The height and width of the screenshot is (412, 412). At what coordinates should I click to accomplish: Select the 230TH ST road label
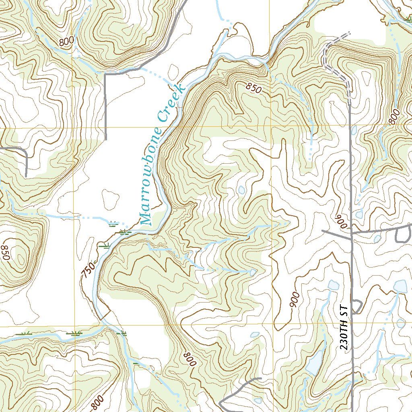click(x=343, y=329)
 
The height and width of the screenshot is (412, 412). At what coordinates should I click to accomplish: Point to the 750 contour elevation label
click(x=89, y=272)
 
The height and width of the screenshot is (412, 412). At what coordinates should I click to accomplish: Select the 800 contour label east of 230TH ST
click(x=395, y=117)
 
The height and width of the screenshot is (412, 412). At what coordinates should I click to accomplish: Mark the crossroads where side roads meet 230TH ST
click(x=351, y=233)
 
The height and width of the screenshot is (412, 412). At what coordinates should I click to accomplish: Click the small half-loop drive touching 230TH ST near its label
click(x=356, y=306)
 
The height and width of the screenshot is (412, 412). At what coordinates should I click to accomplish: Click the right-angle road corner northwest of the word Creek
click(x=105, y=74)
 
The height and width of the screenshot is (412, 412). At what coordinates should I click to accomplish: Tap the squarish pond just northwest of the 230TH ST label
click(x=333, y=286)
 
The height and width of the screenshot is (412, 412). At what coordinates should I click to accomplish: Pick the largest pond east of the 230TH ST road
click(x=400, y=286)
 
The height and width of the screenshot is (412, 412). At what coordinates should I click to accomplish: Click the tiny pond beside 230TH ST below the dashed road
click(x=354, y=130)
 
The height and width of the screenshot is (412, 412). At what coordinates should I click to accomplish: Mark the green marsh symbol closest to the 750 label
click(x=105, y=246)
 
